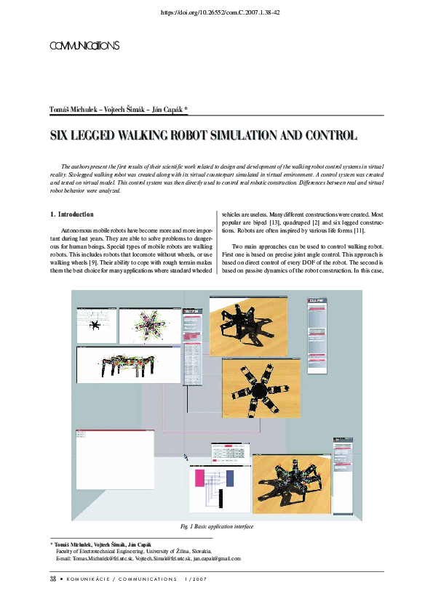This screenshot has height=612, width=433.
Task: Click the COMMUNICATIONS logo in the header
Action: [x=84, y=46]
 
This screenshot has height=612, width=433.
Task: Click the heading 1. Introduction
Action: [x=71, y=214]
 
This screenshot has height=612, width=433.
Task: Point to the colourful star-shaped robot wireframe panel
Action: [x=151, y=325]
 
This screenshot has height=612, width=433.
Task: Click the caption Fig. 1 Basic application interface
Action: [x=216, y=526]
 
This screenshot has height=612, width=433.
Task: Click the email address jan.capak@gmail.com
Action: [x=216, y=559]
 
